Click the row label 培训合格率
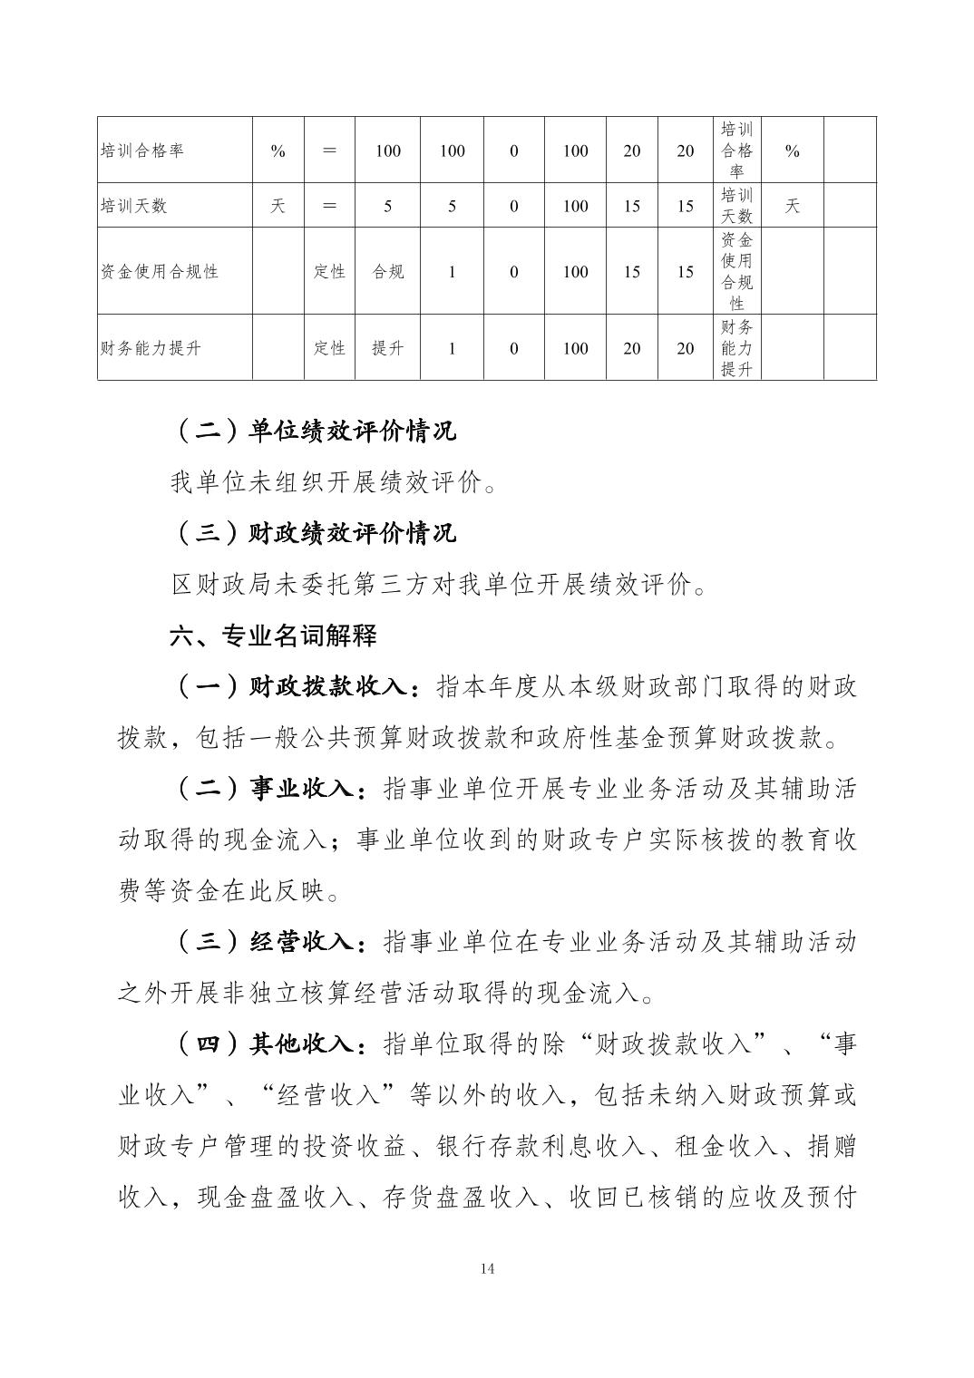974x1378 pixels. click(141, 150)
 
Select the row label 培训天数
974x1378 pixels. click(133, 206)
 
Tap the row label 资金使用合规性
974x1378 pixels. click(159, 271)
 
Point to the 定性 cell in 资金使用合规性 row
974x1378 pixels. click(329, 271)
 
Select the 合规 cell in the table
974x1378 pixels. click(387, 271)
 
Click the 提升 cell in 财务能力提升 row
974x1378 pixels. click(387, 348)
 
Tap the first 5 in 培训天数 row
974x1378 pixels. click(387, 206)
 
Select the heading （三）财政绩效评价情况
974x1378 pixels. click(313, 533)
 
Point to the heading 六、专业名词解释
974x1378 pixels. click(273, 636)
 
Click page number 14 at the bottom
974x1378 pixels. click(487, 1268)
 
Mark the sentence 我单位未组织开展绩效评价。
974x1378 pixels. click(334, 483)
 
